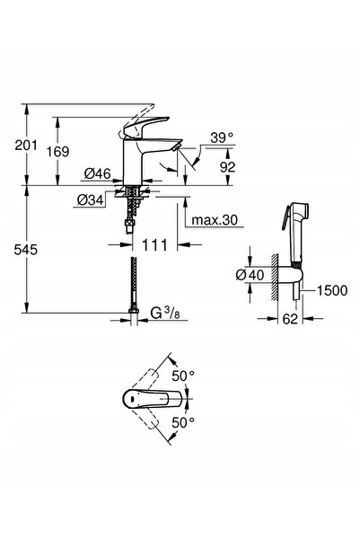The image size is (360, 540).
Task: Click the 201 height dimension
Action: (26, 145)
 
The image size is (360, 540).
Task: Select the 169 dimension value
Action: (57, 151)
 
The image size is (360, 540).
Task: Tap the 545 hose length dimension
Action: (26, 250)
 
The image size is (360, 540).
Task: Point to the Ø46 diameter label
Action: (97, 173)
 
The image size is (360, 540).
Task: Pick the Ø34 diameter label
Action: (90, 200)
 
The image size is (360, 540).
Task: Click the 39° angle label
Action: (222, 137)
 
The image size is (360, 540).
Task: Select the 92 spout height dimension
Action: (227, 167)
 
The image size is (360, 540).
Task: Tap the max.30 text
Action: (215, 220)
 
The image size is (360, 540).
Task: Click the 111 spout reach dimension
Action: (154, 245)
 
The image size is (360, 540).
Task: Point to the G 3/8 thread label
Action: (165, 313)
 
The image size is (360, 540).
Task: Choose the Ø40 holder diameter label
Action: (250, 275)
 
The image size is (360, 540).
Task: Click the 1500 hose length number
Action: (332, 290)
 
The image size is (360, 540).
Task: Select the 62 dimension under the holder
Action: (290, 319)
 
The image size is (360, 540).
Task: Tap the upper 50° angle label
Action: (183, 376)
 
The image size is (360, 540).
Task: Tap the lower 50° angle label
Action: (183, 422)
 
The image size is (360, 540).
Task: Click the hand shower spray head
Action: (295, 235)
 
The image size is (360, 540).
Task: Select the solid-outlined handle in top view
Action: (152, 399)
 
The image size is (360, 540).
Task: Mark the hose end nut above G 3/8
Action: (134, 310)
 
